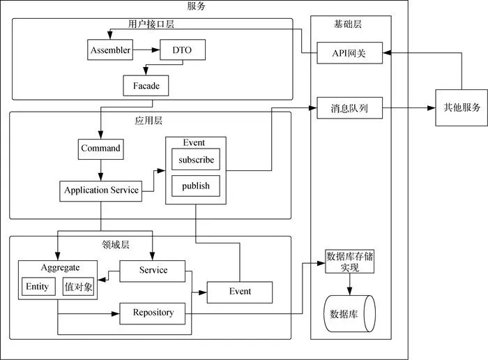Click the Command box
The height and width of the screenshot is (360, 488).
[100, 149]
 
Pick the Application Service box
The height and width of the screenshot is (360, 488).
[100, 190]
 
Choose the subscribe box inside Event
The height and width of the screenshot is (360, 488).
[196, 160]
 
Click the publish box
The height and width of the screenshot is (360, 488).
[196, 186]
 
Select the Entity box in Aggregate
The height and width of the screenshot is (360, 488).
[37, 287]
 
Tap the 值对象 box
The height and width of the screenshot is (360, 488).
[77, 287]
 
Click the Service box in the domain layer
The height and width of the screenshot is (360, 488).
[153, 270]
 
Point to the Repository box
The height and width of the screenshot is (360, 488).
[153, 313]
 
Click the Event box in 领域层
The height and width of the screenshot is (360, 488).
[239, 291]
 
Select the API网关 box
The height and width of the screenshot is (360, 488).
[349, 53]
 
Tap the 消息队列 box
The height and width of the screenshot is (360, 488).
[349, 108]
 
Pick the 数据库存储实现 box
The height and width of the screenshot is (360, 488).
[350, 262]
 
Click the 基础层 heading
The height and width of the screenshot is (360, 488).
[348, 24]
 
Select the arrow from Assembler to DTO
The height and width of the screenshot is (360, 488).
[146, 50]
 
